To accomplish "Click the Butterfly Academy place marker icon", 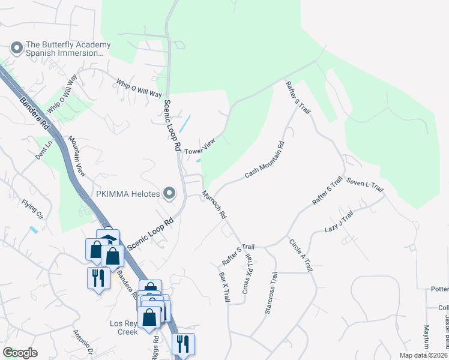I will [x=16, y=47].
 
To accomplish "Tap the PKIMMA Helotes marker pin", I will [x=170, y=194].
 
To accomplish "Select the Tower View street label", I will [x=200, y=147].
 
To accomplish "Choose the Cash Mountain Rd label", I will [x=265, y=160].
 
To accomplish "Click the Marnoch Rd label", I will [x=214, y=204].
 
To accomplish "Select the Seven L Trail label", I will [x=365, y=185].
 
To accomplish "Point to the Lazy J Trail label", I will [x=339, y=221].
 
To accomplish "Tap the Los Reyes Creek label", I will [x=124, y=327].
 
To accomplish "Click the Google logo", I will [x=20, y=352].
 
